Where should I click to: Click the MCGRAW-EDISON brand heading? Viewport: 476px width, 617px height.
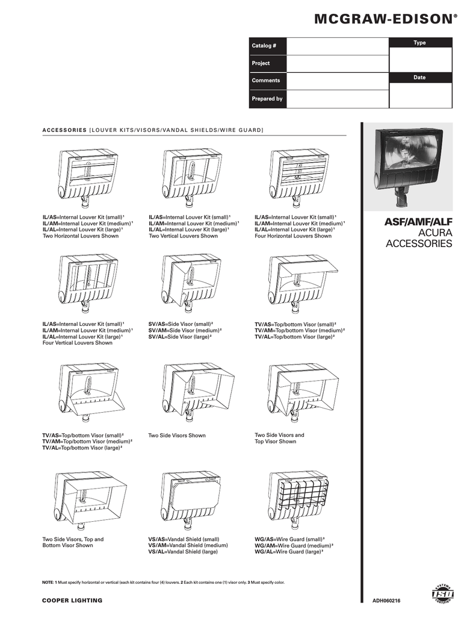(382, 20)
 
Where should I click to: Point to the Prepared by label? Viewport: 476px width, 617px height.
(267, 98)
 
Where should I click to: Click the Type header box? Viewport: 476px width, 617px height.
(420, 42)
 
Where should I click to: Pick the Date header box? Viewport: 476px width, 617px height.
(420, 77)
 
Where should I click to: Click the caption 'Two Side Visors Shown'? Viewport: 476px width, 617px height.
(177, 435)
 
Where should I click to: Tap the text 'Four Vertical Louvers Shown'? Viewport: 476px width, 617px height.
(77, 343)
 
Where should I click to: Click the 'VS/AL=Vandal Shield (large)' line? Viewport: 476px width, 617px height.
(184, 551)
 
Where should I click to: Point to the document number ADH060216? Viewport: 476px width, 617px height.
(386, 601)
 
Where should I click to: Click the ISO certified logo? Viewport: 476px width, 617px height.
(443, 594)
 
